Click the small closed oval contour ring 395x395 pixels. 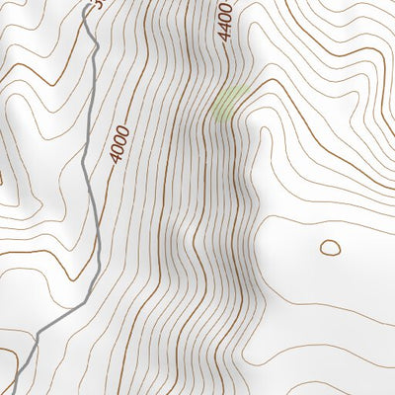point(330,248)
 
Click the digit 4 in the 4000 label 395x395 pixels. point(117,160)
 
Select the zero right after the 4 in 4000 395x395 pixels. point(118,150)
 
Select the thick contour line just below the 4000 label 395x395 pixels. point(112,183)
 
